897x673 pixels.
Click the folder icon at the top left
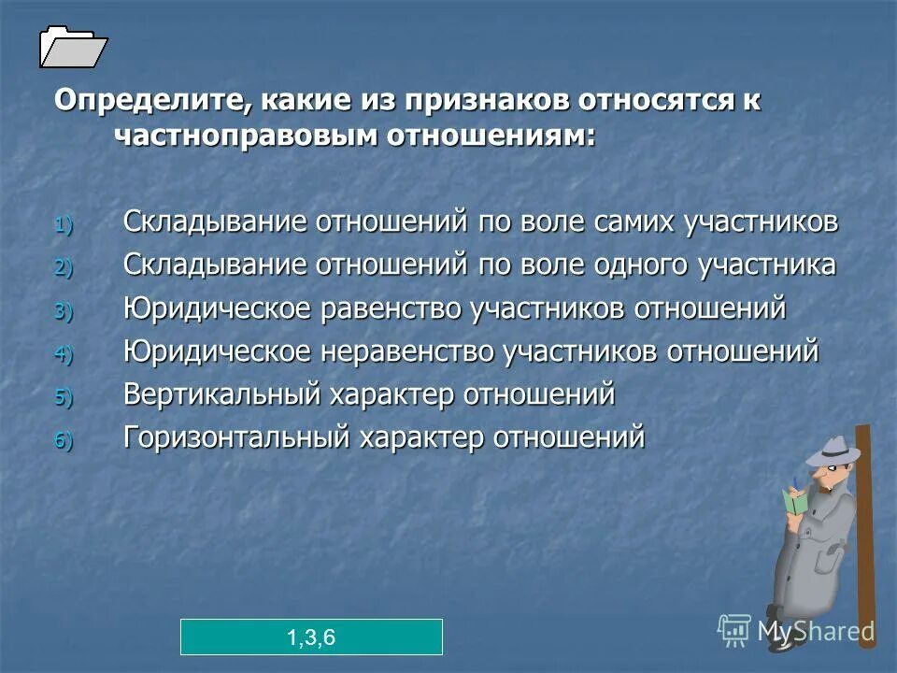[x=73, y=47]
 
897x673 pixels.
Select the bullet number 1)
[x=62, y=224]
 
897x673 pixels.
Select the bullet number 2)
[x=62, y=268]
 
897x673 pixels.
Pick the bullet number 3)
[x=62, y=311]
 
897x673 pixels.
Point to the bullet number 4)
[x=62, y=354]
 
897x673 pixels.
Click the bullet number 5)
[x=62, y=397]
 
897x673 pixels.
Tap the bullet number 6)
[x=62, y=440]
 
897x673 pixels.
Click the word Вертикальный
[x=221, y=394]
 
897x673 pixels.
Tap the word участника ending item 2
[x=766, y=265]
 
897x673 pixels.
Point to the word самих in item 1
[x=643, y=222]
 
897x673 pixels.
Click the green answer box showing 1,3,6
[x=311, y=637]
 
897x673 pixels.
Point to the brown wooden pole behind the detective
[x=865, y=523]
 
